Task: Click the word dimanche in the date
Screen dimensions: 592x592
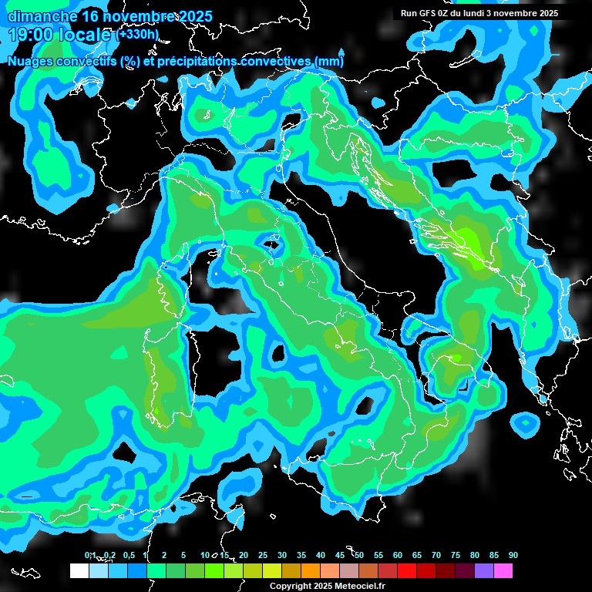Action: point(42,16)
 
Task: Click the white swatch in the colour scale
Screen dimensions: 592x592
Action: point(79,570)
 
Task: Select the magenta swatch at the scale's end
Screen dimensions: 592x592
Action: point(503,570)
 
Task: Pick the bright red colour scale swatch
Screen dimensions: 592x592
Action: point(407,570)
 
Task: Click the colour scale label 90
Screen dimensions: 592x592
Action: point(513,556)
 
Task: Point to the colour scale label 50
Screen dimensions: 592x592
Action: point(359,556)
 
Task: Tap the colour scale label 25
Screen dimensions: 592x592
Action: point(263,556)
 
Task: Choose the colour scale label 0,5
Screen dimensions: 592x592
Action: point(128,556)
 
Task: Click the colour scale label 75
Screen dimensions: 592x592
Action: point(456,556)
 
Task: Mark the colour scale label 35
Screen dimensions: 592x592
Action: point(301,556)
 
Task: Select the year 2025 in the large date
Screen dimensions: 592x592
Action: point(196,16)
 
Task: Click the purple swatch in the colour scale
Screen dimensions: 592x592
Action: point(484,570)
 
